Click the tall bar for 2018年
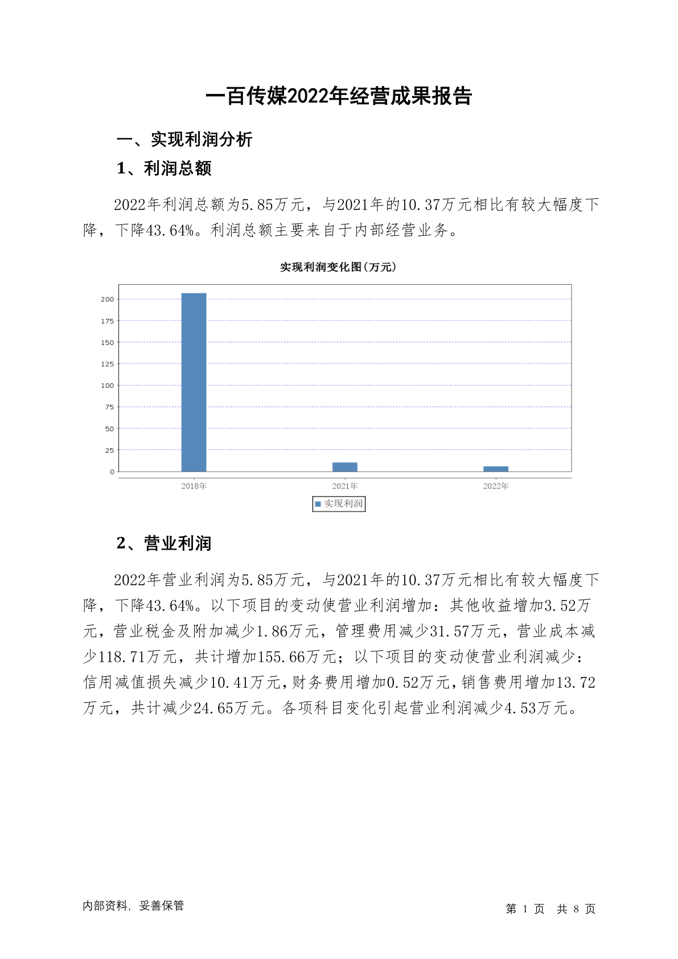194,382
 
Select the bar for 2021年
344,467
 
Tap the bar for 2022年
495,469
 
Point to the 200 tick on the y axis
108,299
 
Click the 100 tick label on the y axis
108,386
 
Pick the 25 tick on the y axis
109,450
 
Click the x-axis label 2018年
194,486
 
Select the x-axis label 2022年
495,486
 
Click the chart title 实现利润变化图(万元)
338,267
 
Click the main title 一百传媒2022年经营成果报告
339,96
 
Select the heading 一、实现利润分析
184,140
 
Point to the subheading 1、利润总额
164,169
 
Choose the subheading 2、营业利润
164,543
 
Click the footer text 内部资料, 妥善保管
133,905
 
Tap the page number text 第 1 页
525,909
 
